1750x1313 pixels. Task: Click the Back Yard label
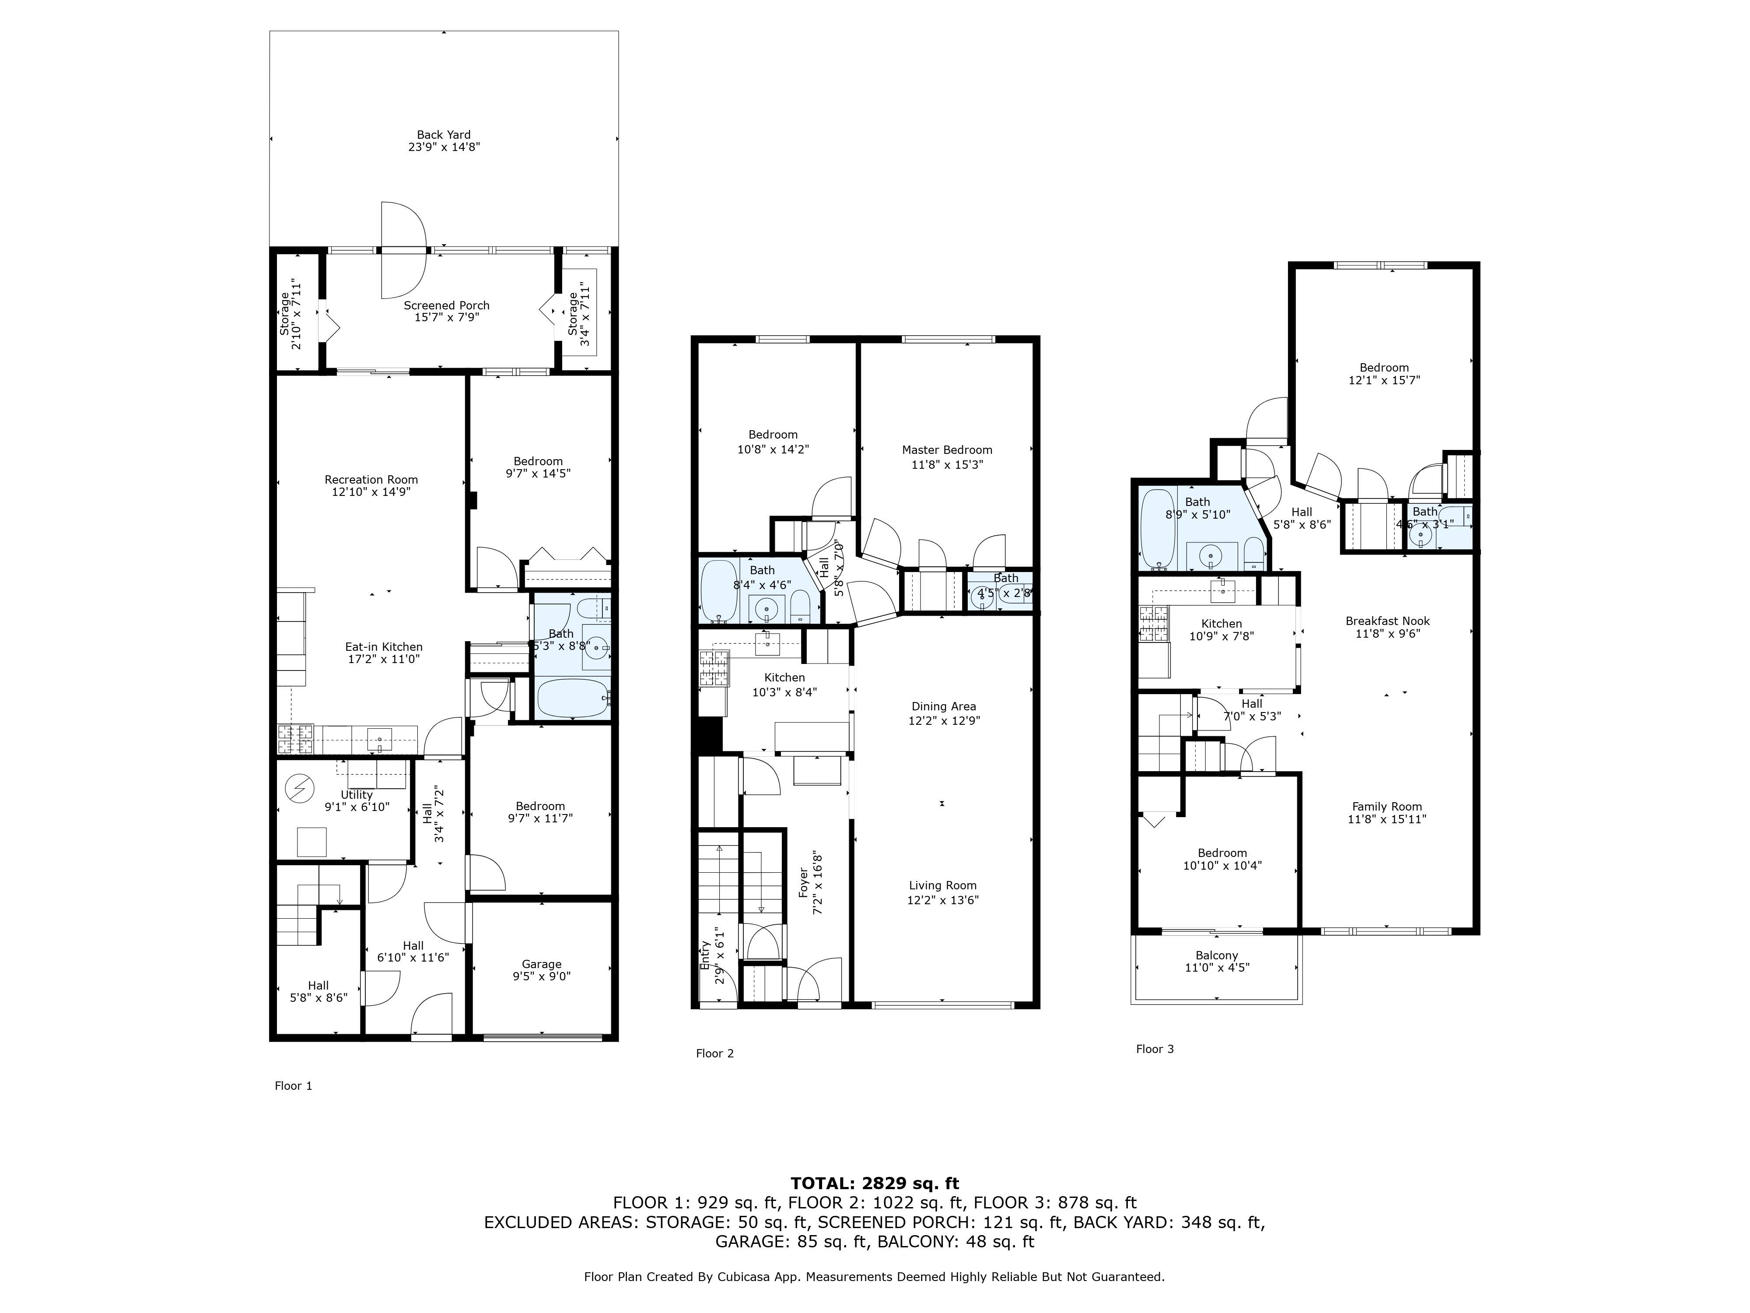(x=444, y=134)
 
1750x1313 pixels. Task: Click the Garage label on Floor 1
(x=541, y=964)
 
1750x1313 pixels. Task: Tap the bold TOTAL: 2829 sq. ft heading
(x=874, y=1183)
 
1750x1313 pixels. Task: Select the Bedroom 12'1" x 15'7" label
(x=1384, y=367)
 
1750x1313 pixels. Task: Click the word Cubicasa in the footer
(x=745, y=1277)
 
